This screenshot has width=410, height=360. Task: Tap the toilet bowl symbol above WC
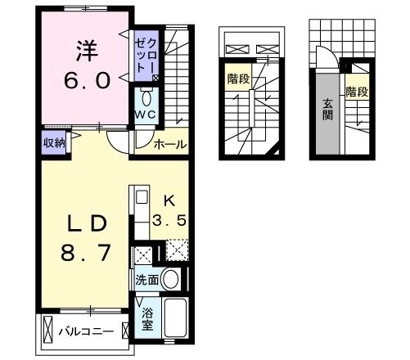coord(146,96)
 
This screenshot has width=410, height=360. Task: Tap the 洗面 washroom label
coord(147,278)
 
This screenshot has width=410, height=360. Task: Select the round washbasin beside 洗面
coord(171,279)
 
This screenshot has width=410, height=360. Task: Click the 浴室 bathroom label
coord(147,318)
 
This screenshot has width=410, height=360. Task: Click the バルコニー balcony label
coord(85,331)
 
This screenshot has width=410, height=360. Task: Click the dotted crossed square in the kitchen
coord(177,249)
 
